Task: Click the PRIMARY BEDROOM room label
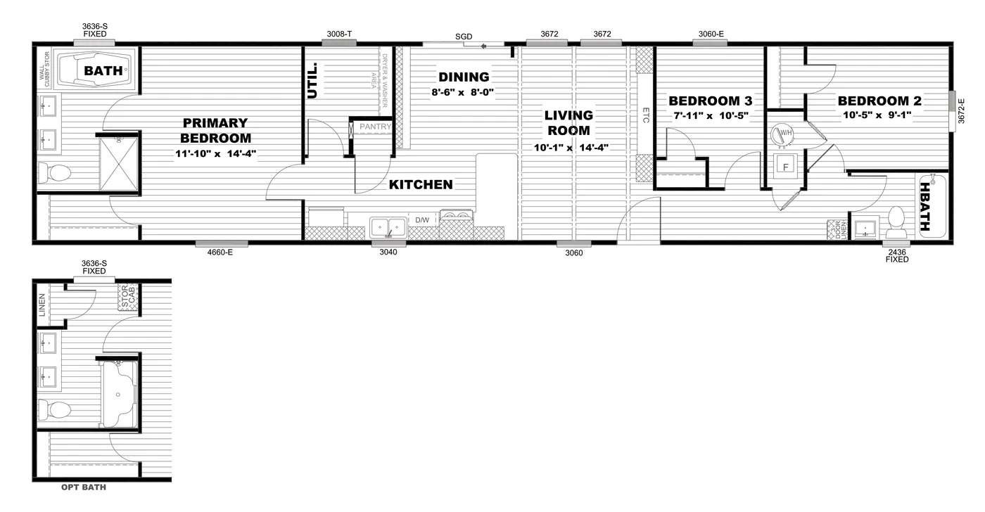coord(215,130)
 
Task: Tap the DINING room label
coord(464,77)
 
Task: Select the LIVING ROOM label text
coord(569,122)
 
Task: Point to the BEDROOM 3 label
coord(710,101)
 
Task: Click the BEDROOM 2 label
coord(879,101)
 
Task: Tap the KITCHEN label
coord(421,185)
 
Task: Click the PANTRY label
coord(375,127)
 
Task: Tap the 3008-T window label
coord(339,34)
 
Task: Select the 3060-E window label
coord(711,34)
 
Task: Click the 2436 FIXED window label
coord(896,255)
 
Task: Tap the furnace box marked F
coord(783,167)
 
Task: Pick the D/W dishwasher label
coord(422,220)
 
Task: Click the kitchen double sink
coord(388,227)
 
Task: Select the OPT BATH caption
coord(83,487)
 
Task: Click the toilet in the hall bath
coord(896,221)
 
